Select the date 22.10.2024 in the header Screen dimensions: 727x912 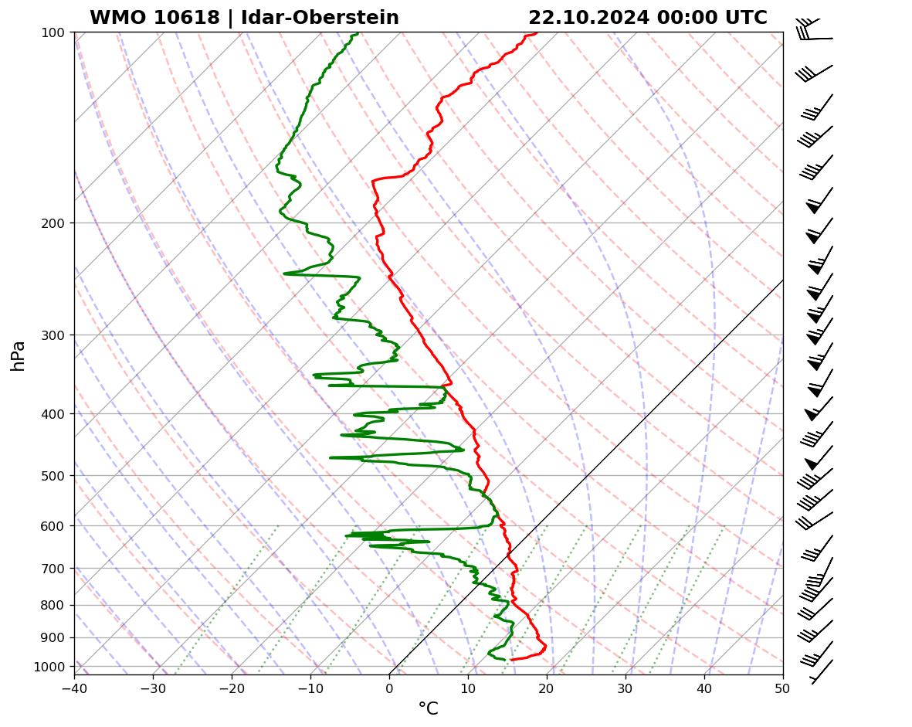tap(588, 18)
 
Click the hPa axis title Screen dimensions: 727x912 tap(18, 355)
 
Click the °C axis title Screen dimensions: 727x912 tap(428, 709)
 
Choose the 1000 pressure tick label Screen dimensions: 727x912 tap(52, 667)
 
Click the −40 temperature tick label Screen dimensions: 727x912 tap(74, 688)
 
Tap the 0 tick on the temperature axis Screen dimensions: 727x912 tap(389, 688)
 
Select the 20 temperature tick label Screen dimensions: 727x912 tap(547, 688)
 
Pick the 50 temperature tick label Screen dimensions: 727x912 tap(783, 688)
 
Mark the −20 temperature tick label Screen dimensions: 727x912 tap(232, 688)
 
